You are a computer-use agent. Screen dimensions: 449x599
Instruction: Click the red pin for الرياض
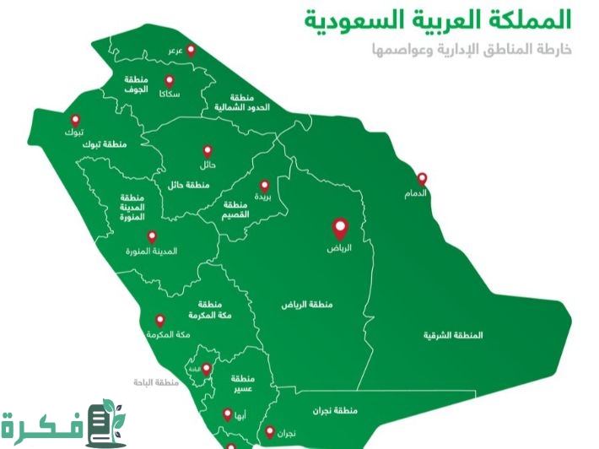point(340,228)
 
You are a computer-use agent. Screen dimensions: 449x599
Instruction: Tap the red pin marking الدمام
point(422,179)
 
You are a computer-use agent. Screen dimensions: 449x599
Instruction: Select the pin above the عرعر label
point(190,50)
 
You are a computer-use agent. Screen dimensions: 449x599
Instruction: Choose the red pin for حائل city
point(208,151)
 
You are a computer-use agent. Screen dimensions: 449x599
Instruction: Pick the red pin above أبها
point(227,414)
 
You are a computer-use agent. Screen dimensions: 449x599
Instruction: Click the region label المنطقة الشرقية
point(454,335)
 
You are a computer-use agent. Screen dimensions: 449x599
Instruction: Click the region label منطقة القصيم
point(237,210)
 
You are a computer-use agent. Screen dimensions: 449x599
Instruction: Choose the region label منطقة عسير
point(242,381)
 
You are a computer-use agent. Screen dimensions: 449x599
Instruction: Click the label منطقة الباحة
point(156,383)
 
